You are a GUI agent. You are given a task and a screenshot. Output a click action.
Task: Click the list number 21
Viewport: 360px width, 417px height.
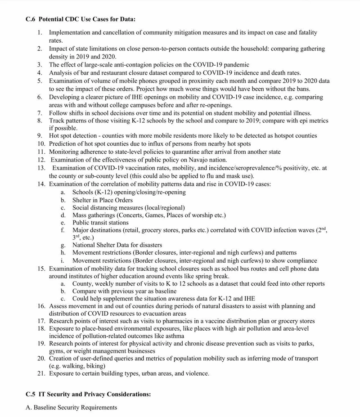point(41,373)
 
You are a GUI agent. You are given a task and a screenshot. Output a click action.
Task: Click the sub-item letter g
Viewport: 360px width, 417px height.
point(63,245)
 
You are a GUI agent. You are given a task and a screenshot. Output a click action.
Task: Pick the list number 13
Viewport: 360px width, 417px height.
point(41,168)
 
